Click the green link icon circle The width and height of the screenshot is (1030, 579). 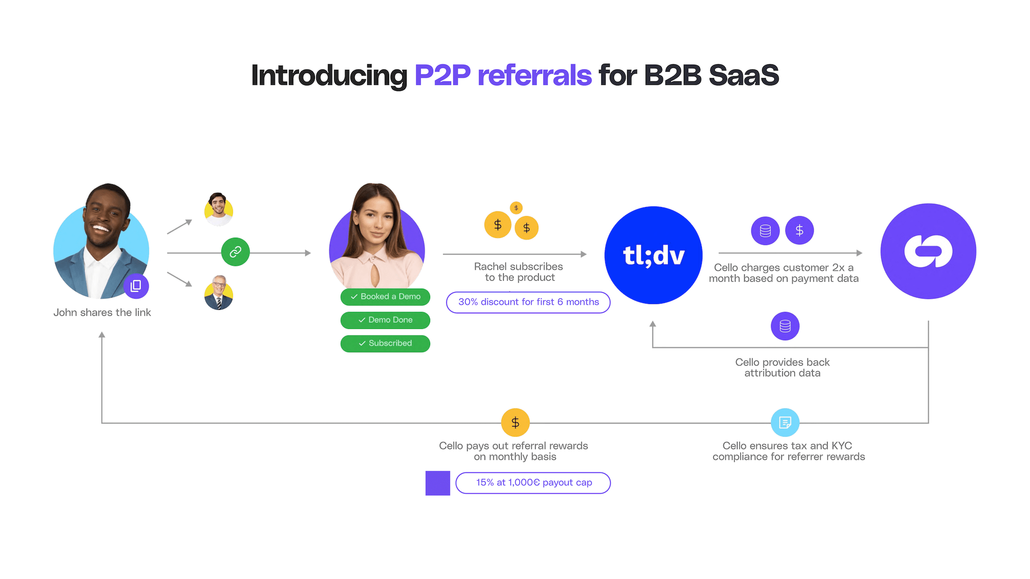click(235, 252)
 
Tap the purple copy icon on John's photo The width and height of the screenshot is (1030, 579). click(136, 286)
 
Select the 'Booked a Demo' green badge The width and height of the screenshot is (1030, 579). click(385, 296)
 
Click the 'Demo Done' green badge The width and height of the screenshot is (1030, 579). click(385, 320)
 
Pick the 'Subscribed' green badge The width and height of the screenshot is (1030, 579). click(385, 343)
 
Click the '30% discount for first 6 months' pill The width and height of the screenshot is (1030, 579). click(528, 302)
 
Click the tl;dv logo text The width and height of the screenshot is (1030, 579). click(654, 255)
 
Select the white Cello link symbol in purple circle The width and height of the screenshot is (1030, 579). click(928, 251)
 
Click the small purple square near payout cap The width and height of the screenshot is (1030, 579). click(438, 483)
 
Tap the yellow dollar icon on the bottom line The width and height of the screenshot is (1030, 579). click(515, 423)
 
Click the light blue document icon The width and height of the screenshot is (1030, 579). click(785, 423)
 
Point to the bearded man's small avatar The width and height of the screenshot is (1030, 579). click(218, 209)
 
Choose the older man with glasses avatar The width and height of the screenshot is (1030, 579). click(219, 292)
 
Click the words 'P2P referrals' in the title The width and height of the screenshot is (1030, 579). click(503, 75)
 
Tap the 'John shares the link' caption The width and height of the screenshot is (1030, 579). click(102, 312)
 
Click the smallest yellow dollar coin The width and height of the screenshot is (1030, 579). click(516, 207)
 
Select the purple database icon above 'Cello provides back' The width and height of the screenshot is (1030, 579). click(785, 326)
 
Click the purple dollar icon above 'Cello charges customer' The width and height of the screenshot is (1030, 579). click(799, 230)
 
